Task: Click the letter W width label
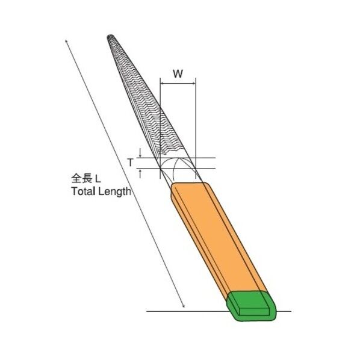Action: [x=178, y=74]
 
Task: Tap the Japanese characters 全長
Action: [x=81, y=178]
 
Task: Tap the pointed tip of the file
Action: [x=110, y=38]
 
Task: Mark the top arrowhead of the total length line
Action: [x=65, y=41]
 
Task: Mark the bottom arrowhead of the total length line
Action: [x=184, y=309]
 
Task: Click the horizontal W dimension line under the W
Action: [x=178, y=82]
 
